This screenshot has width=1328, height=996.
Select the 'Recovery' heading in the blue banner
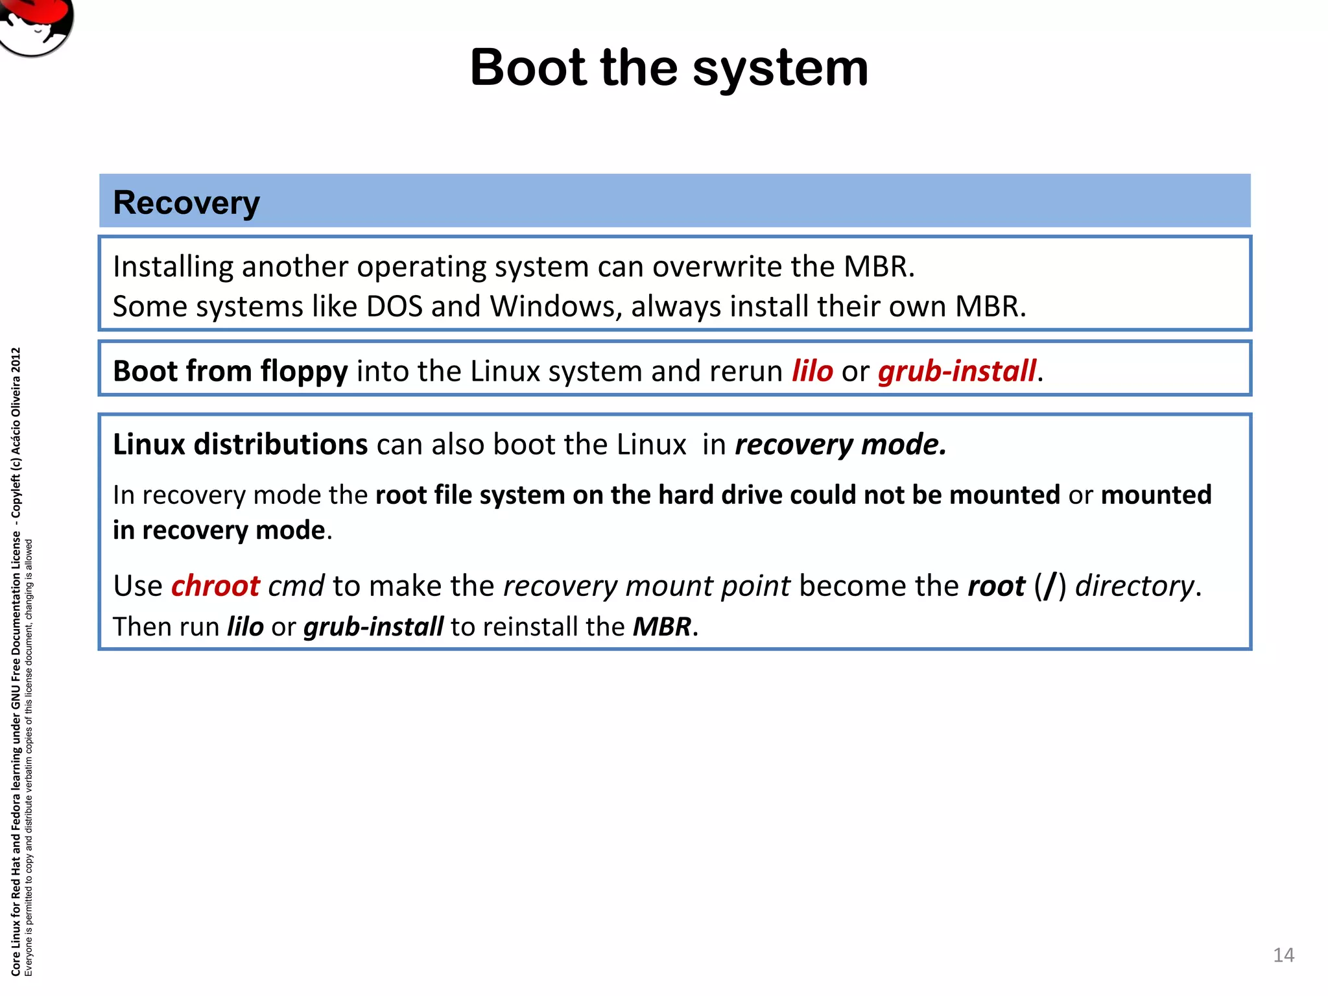coord(186,203)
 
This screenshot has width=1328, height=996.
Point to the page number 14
coord(1283,955)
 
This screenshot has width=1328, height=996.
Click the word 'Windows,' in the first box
coord(556,307)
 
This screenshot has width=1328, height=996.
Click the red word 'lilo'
coord(812,372)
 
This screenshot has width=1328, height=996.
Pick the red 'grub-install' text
coord(957,372)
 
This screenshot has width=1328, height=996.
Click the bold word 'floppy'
coord(304,372)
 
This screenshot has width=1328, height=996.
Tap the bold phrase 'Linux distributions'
coord(240,445)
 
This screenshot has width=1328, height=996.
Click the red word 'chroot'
coord(215,586)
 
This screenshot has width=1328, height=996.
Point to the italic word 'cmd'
coord(296,586)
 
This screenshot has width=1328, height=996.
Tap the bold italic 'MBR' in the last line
coord(662,627)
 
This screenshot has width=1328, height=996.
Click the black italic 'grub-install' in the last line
coord(373,627)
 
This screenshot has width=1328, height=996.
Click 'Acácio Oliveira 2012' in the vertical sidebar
coord(16,402)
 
